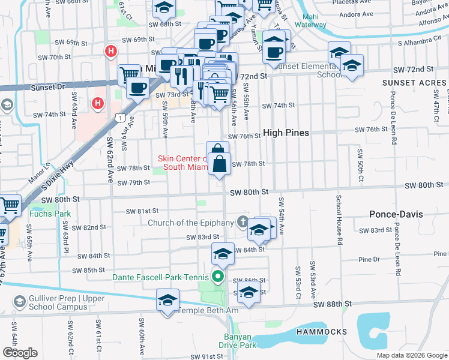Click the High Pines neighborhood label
tap(286, 133)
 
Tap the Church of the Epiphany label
tap(191, 223)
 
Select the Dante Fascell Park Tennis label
tap(161, 277)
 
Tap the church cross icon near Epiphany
tap(243, 222)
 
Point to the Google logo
tap(20, 352)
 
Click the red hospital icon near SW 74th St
tap(97, 104)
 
